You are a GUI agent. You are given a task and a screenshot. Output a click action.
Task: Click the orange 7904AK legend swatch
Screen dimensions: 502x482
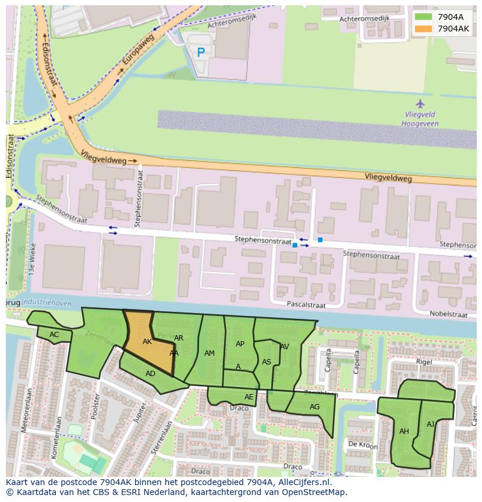(423, 29)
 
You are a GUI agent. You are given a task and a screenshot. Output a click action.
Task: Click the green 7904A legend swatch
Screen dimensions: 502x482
(423, 17)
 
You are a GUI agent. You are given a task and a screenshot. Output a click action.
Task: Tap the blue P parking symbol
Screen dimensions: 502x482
(201, 52)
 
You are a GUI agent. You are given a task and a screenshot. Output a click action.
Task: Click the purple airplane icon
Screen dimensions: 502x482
(420, 104)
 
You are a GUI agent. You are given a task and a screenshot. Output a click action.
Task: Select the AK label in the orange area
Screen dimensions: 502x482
(147, 342)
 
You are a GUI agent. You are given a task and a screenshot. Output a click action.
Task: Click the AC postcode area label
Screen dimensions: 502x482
(54, 335)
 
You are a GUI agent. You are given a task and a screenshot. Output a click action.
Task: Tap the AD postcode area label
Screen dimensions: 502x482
(150, 374)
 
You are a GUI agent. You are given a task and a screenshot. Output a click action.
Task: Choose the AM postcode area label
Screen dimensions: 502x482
(210, 353)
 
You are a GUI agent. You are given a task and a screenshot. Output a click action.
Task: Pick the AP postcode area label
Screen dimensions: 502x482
(240, 344)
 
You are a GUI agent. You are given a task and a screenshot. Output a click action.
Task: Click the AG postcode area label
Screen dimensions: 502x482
(314, 407)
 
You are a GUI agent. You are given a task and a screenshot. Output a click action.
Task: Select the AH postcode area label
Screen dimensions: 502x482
(404, 431)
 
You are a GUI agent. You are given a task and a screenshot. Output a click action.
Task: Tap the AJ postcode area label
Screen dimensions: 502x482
(430, 424)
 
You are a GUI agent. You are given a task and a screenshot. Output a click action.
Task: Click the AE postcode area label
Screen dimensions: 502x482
(249, 397)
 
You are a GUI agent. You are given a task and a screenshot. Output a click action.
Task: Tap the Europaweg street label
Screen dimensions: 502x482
(137, 53)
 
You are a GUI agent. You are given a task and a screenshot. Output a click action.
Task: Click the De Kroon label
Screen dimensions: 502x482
(363, 445)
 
